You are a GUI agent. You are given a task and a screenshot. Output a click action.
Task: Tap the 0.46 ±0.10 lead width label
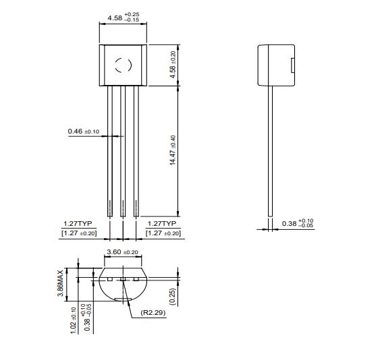(83, 131)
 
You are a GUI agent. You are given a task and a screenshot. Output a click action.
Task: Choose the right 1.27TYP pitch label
(162, 223)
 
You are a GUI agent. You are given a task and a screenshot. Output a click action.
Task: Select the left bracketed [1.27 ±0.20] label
(78, 233)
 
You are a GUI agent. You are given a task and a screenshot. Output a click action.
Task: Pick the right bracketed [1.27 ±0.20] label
(163, 233)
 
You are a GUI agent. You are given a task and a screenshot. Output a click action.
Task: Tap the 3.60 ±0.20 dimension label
(122, 252)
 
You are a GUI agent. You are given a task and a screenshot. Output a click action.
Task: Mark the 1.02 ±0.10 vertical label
(74, 319)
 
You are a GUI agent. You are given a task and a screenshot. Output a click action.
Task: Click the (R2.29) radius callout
(154, 313)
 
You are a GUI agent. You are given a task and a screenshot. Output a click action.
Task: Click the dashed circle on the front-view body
(122, 65)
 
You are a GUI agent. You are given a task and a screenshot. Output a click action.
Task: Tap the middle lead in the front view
(122, 148)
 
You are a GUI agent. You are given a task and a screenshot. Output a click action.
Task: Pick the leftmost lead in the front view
(109, 148)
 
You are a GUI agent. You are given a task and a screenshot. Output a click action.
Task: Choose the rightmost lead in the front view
(136, 148)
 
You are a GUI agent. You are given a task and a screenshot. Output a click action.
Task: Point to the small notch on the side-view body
(292, 65)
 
